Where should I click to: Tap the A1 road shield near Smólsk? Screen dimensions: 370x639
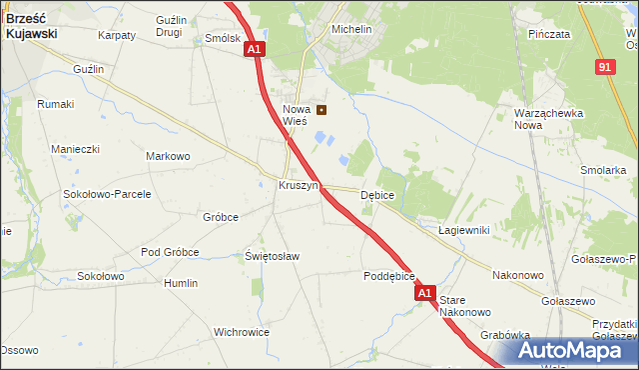255,48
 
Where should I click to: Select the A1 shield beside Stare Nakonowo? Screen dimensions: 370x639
425,293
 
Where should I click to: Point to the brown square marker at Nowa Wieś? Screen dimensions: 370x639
321,110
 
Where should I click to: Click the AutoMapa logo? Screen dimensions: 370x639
576,351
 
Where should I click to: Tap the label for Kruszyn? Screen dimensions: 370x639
299,186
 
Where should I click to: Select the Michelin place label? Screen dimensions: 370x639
351,30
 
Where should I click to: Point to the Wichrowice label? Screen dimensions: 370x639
244,331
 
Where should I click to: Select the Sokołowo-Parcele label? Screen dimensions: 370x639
107,194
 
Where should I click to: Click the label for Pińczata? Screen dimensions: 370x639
550,34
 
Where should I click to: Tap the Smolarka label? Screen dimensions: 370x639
602,170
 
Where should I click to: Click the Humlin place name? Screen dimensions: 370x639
181,283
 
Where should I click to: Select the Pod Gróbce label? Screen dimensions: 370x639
170,252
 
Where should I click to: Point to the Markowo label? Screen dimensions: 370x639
168,157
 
